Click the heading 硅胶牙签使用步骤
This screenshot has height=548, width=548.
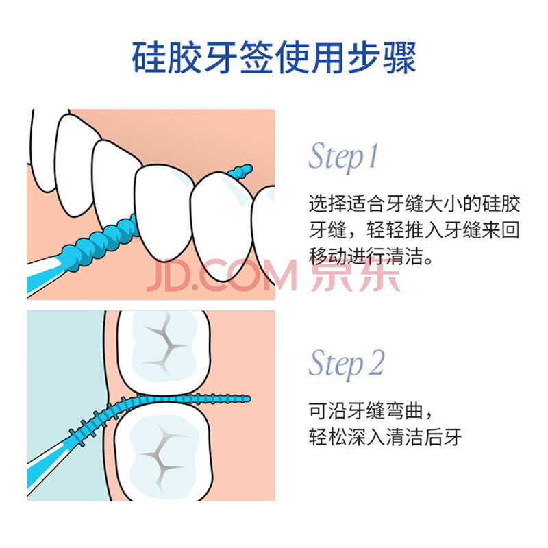(x=274, y=57)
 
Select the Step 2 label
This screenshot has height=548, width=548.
(x=347, y=363)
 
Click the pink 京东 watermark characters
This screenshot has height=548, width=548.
(x=356, y=275)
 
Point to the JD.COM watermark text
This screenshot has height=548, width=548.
(x=221, y=275)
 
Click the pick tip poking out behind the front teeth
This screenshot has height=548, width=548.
(x=240, y=172)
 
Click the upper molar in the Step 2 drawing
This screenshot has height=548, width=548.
(x=164, y=352)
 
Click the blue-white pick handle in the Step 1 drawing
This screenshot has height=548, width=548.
(x=44, y=275)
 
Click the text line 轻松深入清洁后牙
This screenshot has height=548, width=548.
(x=385, y=436)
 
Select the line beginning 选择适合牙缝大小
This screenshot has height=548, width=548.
(x=414, y=203)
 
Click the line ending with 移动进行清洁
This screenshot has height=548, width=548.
(x=371, y=256)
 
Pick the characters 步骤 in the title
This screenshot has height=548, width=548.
(x=382, y=57)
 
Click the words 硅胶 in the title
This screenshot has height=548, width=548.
(x=166, y=57)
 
